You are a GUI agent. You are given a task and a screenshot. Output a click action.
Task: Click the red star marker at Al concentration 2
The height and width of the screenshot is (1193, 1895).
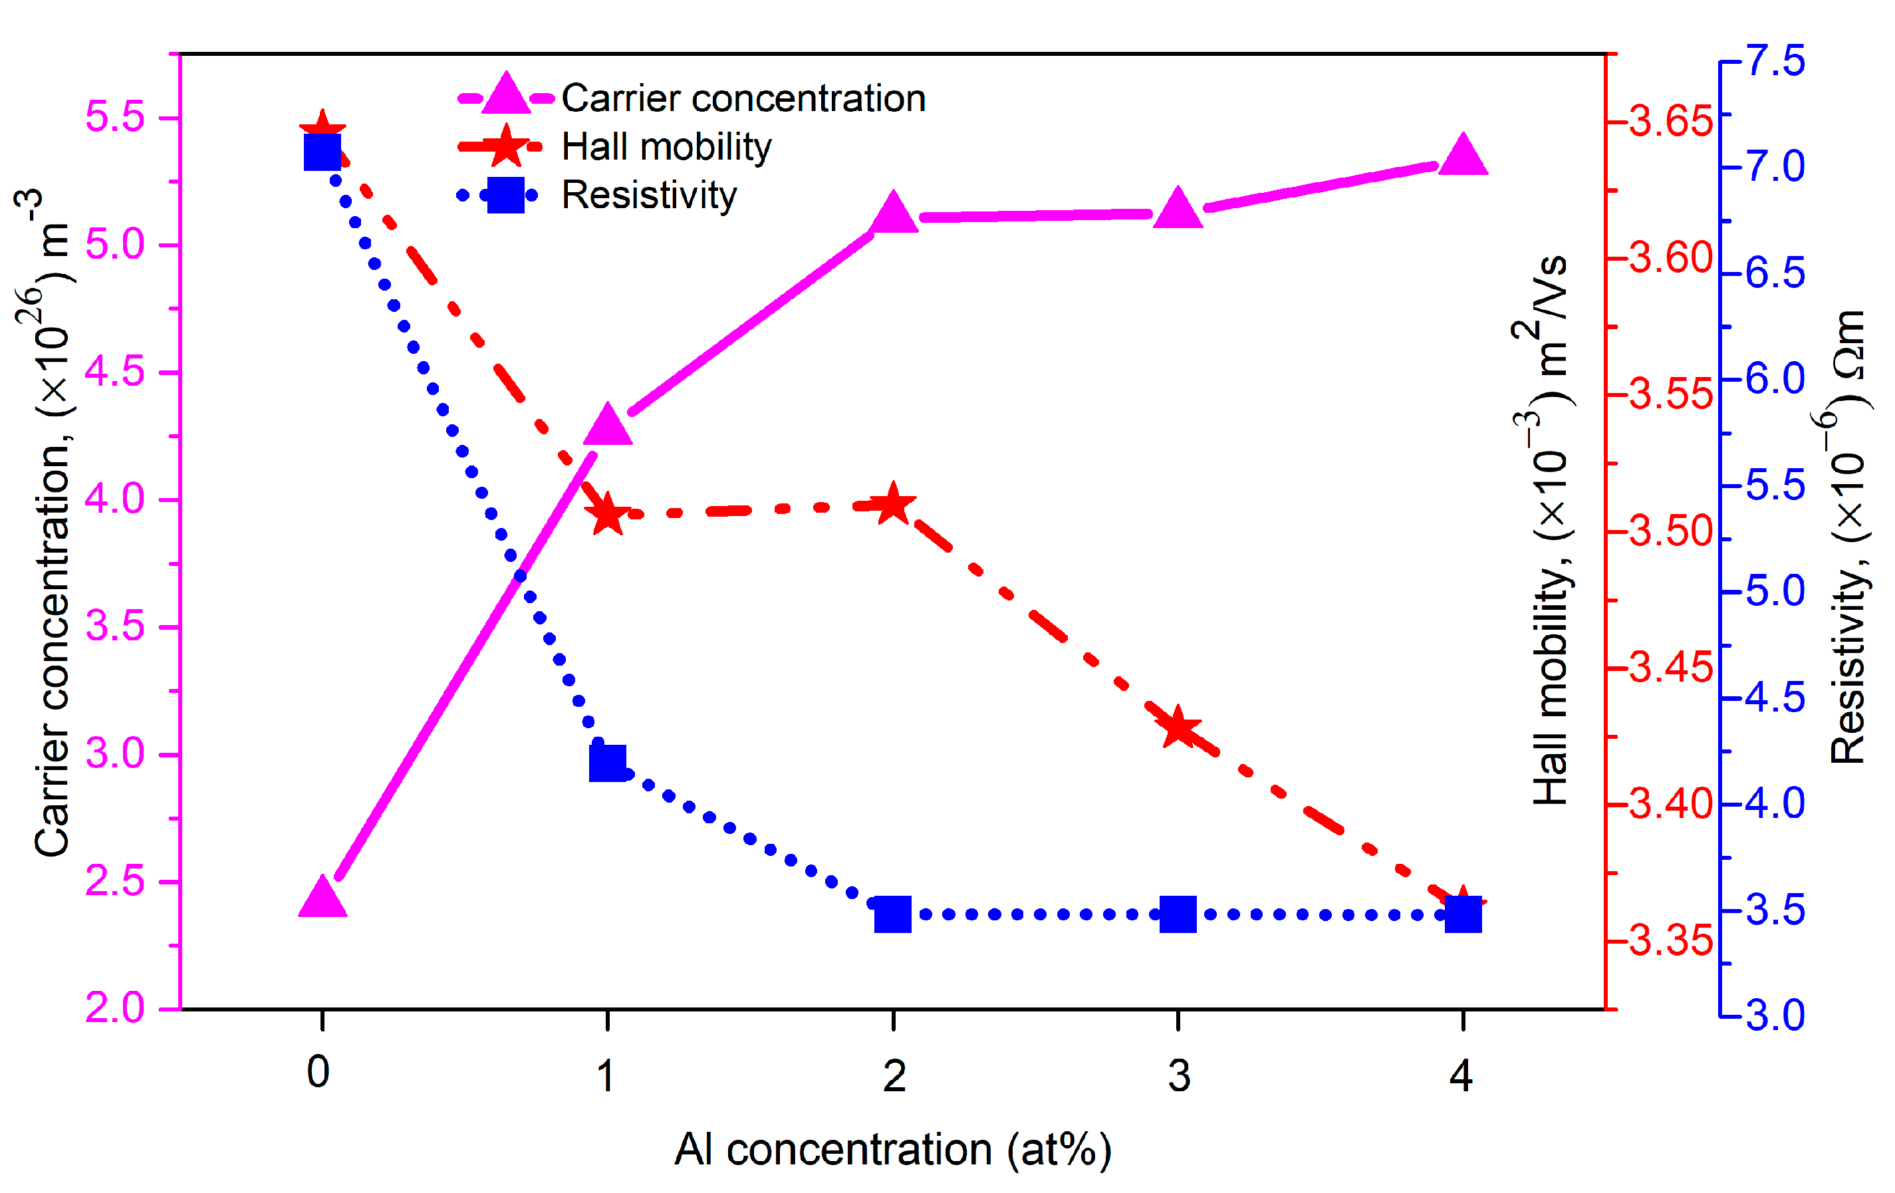[892, 505]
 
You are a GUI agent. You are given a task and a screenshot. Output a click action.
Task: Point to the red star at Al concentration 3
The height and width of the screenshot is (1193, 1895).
[1178, 728]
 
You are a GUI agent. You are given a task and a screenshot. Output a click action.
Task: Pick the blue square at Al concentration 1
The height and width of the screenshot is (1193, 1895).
[608, 763]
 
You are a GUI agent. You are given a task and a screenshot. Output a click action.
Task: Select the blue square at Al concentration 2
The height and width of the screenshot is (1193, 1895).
[892, 914]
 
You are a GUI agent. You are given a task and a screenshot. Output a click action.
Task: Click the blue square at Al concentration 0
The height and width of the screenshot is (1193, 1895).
[322, 152]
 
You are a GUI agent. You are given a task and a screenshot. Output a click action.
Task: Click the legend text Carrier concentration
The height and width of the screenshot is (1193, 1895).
[743, 98]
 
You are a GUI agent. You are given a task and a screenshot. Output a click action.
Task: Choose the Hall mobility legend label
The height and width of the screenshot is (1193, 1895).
[666, 147]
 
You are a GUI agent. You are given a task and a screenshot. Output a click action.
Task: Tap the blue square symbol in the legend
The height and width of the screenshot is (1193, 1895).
[505, 195]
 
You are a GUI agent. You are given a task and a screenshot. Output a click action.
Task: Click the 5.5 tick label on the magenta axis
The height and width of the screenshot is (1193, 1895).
[115, 117]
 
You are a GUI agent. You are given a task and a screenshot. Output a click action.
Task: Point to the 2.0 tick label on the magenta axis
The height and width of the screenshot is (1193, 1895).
[115, 1008]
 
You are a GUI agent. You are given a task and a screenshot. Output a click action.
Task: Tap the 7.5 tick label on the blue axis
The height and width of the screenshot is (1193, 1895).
[1775, 61]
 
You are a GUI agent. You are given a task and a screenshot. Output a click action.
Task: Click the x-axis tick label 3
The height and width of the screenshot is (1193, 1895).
[1178, 1077]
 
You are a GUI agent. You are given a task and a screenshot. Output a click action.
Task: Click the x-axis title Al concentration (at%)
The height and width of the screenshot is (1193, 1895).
[892, 1150]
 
